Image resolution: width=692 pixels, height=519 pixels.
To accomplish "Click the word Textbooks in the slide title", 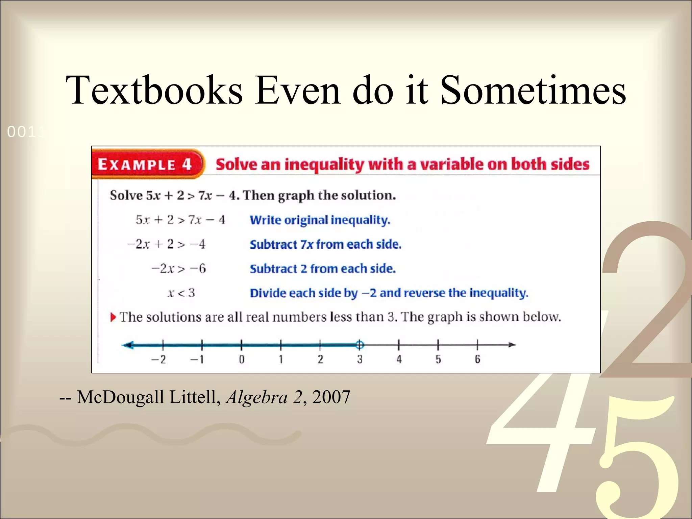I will pos(154,90).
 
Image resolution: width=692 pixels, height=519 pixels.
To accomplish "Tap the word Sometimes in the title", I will pos(533,90).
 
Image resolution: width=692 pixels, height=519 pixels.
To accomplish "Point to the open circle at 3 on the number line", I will pos(360,345).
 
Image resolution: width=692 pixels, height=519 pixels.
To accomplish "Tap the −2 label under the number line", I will pos(159,360).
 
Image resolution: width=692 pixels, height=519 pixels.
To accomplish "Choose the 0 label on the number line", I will pos(242,360).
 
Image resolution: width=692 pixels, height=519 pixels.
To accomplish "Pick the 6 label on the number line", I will pos(477,360).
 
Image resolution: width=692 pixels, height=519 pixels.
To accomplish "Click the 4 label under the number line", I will pos(399,360).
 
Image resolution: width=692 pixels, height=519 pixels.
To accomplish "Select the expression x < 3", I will pos(181,293).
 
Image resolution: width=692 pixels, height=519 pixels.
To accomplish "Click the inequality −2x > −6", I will pos(178,269).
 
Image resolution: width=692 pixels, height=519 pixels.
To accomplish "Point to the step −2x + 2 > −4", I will pos(166,244).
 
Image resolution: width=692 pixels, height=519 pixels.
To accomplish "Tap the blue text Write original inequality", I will pos(320,220).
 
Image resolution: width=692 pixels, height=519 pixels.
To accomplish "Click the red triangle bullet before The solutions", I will pos(113,317).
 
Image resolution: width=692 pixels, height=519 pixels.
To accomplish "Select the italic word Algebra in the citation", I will pos(257,397).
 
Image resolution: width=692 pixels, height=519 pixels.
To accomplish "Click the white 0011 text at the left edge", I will pos(25,132).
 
